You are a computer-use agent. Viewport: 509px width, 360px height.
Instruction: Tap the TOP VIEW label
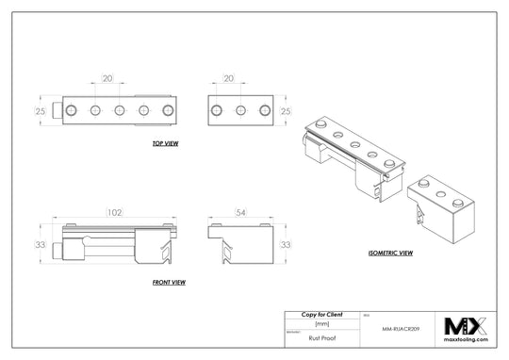[x=165, y=144]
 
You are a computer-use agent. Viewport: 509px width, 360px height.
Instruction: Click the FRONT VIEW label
[x=168, y=282]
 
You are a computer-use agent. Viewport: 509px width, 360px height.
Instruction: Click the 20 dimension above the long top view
[x=107, y=79]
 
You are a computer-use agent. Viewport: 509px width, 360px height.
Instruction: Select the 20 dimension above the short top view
[x=228, y=79]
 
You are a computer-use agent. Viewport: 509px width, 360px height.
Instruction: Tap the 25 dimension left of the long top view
[x=41, y=111]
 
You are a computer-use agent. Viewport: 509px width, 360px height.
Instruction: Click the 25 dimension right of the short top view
[x=286, y=111]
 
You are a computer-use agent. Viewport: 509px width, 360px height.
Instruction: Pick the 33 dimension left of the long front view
[x=41, y=245]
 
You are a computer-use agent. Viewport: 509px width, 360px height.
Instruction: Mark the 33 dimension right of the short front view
[x=286, y=245]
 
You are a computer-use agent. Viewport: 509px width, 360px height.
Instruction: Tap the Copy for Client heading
[x=321, y=314]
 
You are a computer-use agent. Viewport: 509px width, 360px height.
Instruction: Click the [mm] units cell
[x=321, y=323]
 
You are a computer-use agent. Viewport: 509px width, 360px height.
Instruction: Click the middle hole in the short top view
[x=240, y=111]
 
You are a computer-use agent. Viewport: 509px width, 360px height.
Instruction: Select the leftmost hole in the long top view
[x=71, y=111]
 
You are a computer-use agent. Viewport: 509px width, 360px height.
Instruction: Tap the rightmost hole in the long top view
[x=168, y=111]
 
